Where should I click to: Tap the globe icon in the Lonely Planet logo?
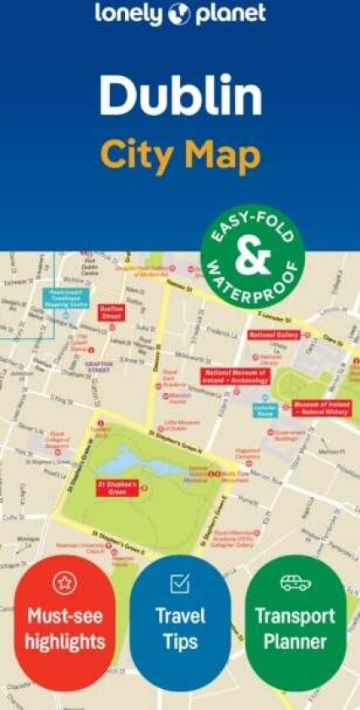[x=180, y=14]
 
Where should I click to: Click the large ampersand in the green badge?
[x=252, y=258]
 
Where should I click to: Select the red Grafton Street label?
[x=112, y=313]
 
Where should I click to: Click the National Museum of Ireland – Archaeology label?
[x=234, y=376]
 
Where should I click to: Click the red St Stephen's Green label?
[x=117, y=488]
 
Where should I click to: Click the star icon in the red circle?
[x=65, y=582]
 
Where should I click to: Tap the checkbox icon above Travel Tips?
[x=179, y=582]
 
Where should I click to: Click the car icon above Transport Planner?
[x=295, y=582]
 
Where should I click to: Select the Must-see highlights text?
[x=65, y=629]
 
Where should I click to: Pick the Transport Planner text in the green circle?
[x=295, y=628]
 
